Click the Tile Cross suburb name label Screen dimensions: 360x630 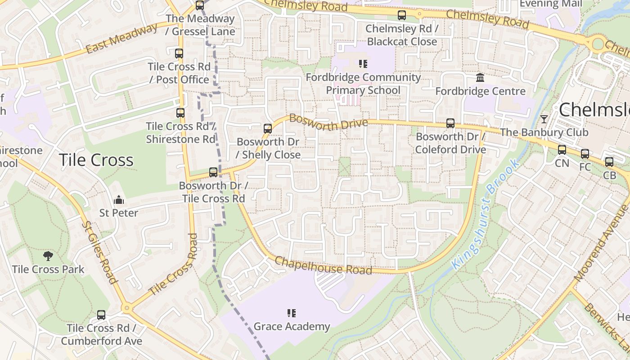(96, 160)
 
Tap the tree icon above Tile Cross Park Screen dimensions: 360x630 (48, 256)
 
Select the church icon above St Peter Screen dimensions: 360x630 (119, 199)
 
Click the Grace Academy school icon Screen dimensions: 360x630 (292, 313)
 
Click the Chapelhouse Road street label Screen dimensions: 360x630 (323, 265)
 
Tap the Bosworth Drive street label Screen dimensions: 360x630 (328, 122)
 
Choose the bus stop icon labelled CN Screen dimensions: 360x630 (562, 150)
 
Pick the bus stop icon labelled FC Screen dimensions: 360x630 (585, 154)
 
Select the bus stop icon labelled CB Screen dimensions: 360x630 (609, 162)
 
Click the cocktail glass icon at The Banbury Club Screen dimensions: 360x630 (544, 119)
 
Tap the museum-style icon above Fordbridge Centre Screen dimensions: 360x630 (480, 78)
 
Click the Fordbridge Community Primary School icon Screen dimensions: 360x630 (363, 64)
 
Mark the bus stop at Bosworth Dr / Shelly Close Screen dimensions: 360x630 (268, 129)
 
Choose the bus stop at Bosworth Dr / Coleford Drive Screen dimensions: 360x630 (450, 123)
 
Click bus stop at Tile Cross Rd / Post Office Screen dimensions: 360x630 (179, 54)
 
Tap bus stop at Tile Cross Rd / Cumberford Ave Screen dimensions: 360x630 (101, 315)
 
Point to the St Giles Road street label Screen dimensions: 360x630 (100, 252)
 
